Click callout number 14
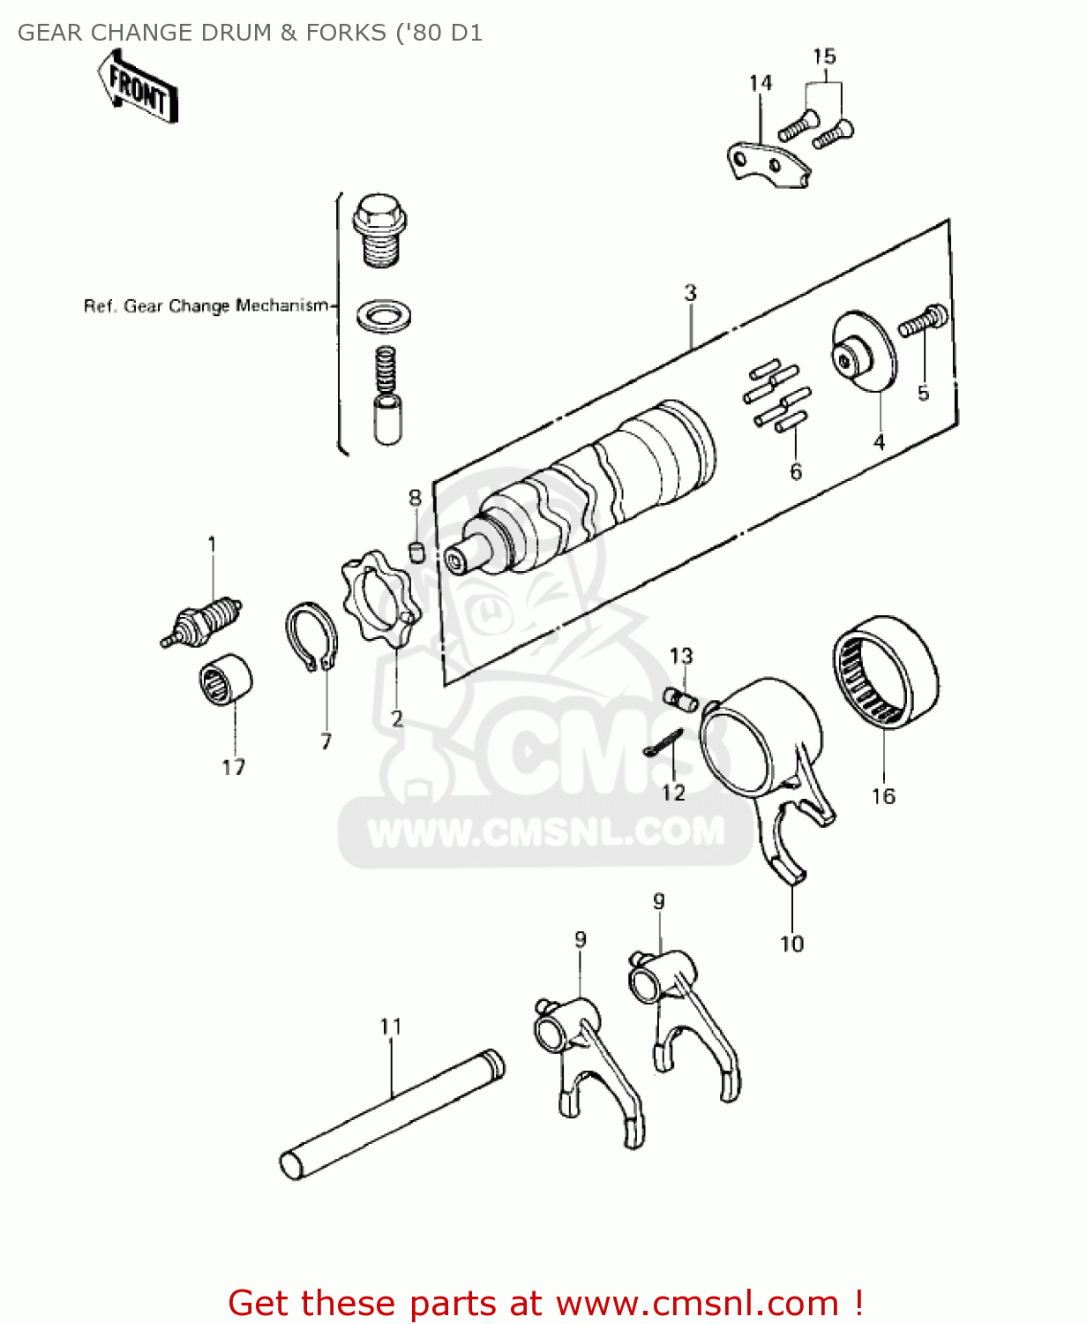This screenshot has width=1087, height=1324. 760,83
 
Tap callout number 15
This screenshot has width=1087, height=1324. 823,56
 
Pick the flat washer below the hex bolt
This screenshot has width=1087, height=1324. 383,315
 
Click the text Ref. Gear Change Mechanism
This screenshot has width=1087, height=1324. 206,306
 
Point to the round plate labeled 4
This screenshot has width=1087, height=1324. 863,351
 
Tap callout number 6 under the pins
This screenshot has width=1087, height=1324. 796,471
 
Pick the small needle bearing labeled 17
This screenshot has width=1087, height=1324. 224,681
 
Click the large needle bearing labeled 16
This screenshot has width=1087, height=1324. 885,673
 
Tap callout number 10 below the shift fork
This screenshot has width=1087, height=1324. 791,944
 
